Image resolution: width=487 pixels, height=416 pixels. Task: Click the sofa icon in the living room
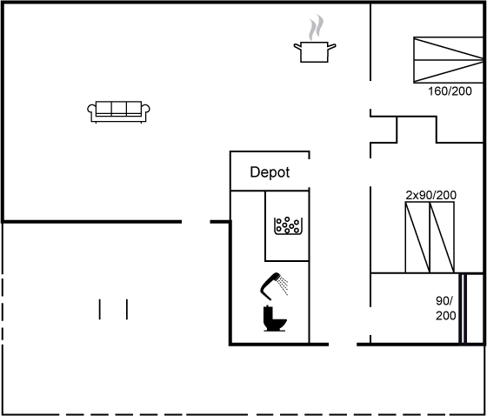click(x=118, y=111)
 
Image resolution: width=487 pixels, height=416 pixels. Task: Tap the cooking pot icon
click(x=314, y=52)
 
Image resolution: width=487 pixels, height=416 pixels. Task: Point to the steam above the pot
click(x=316, y=27)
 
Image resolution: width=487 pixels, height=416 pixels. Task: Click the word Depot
click(x=270, y=172)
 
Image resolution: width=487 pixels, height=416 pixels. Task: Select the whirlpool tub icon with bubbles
click(x=288, y=225)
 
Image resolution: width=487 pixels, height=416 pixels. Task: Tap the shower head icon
click(x=274, y=286)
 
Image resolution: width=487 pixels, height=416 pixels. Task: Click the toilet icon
click(x=275, y=319)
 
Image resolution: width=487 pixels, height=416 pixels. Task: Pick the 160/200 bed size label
click(x=450, y=91)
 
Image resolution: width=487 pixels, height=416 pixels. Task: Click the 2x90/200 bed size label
click(x=430, y=195)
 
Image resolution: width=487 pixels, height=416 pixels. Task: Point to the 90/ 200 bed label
click(x=445, y=308)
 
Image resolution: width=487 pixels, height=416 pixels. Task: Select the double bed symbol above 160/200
click(x=448, y=60)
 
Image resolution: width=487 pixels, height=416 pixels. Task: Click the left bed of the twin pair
click(x=417, y=238)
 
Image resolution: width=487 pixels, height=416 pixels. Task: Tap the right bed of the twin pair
click(x=442, y=238)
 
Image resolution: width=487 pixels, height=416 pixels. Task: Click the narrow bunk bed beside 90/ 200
click(x=463, y=309)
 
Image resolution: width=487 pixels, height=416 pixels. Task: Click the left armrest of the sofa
click(x=92, y=112)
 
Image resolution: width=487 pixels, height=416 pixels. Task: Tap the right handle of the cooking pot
click(x=331, y=47)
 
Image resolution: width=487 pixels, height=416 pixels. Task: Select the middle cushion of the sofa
click(x=118, y=108)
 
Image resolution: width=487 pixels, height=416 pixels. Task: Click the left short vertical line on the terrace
click(x=100, y=309)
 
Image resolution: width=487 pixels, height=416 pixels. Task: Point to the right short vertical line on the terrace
click(x=127, y=309)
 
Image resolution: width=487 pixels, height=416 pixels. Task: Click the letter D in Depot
click(x=254, y=172)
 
